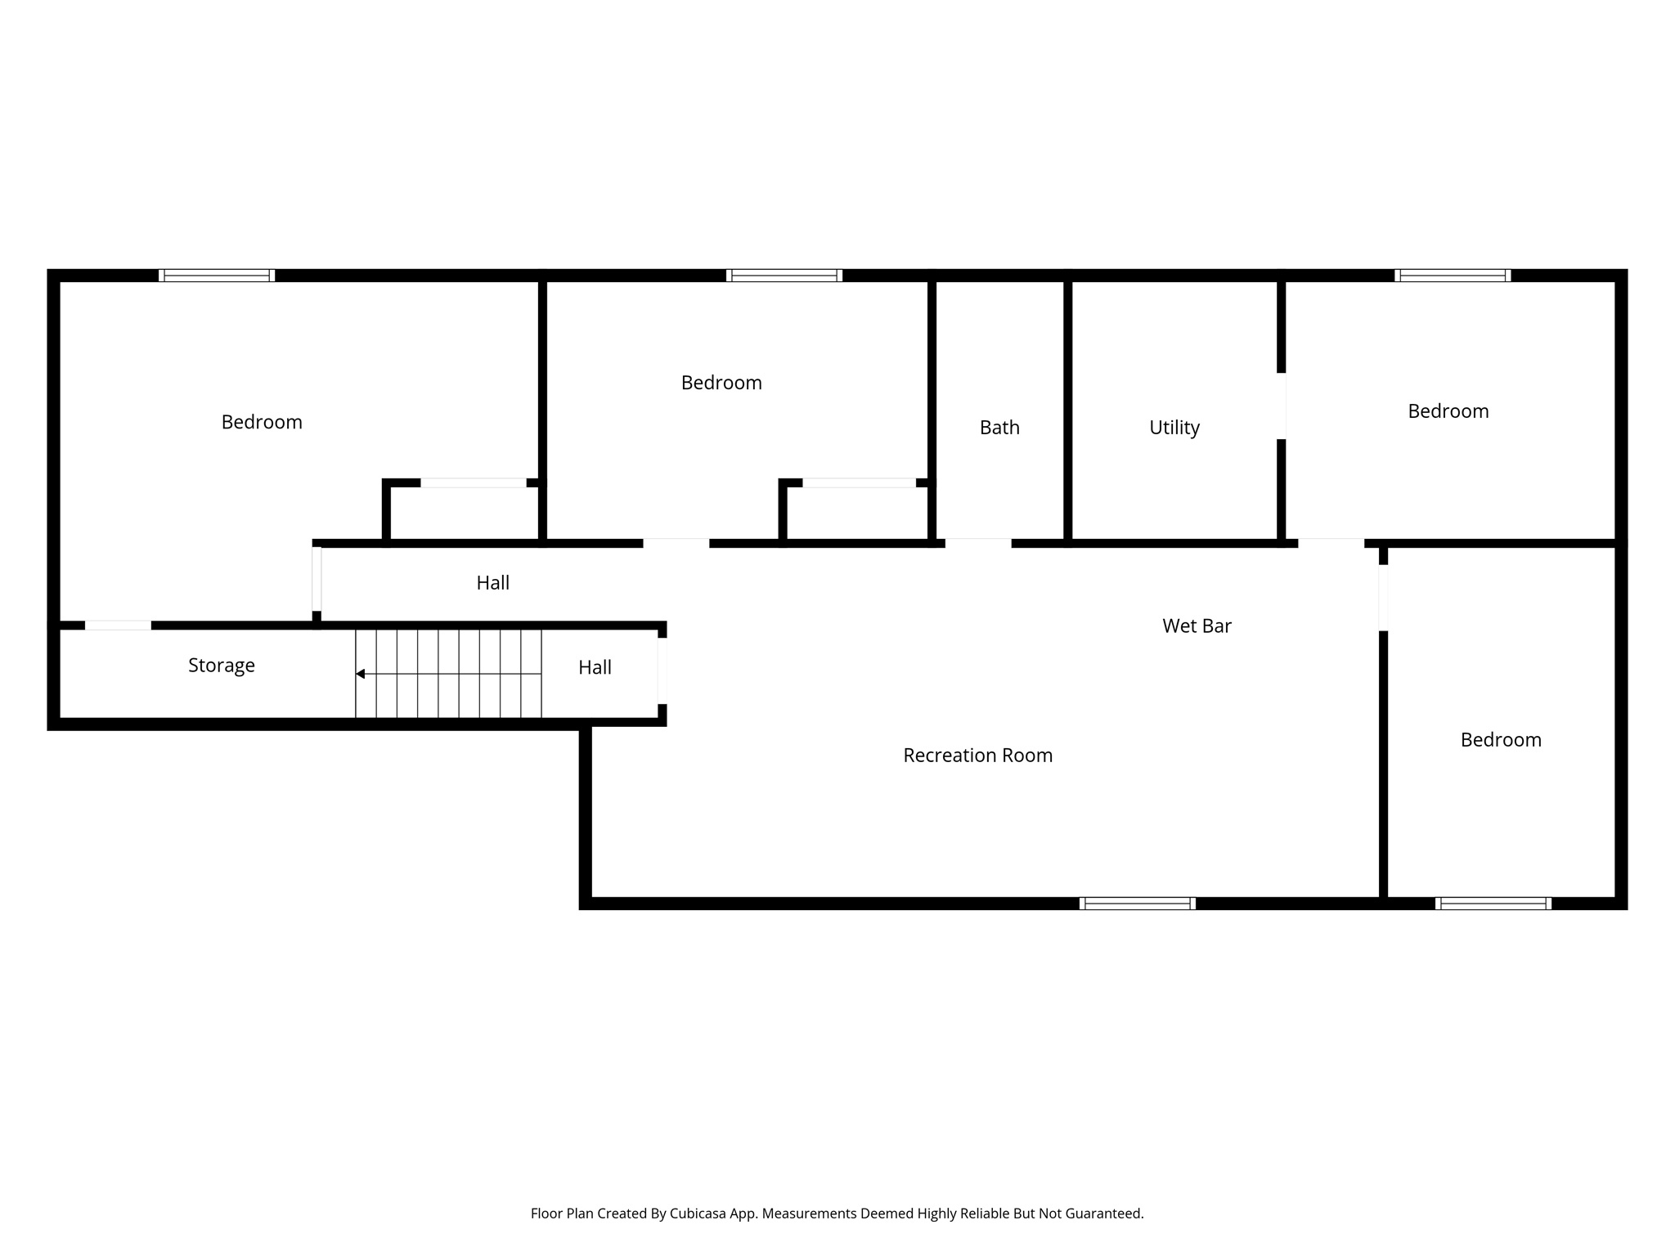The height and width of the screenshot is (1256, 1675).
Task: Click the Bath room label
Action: pos(999,428)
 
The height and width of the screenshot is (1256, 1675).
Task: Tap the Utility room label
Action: pos(1174,428)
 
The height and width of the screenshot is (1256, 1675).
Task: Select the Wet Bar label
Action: pos(1197,626)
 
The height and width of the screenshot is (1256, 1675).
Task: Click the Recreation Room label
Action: pos(977,756)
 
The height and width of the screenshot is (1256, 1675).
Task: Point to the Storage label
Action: pos(221,666)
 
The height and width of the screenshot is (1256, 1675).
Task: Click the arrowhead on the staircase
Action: pos(360,674)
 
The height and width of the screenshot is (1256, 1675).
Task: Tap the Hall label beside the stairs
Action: pos(595,668)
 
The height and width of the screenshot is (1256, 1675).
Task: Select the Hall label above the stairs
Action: pos(492,583)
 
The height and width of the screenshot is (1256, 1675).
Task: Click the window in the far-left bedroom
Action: pos(217,276)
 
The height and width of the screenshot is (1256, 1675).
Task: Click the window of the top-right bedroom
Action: pos(1452,276)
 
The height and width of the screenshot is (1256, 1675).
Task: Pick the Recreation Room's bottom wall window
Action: pos(1137,904)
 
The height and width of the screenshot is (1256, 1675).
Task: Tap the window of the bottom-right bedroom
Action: pos(1493,904)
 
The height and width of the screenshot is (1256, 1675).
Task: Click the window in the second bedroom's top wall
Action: pos(784,276)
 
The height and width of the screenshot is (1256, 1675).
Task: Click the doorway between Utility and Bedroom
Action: pos(1282,406)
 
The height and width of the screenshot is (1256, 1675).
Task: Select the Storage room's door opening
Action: pos(118,626)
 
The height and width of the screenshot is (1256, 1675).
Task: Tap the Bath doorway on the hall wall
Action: pos(978,543)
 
